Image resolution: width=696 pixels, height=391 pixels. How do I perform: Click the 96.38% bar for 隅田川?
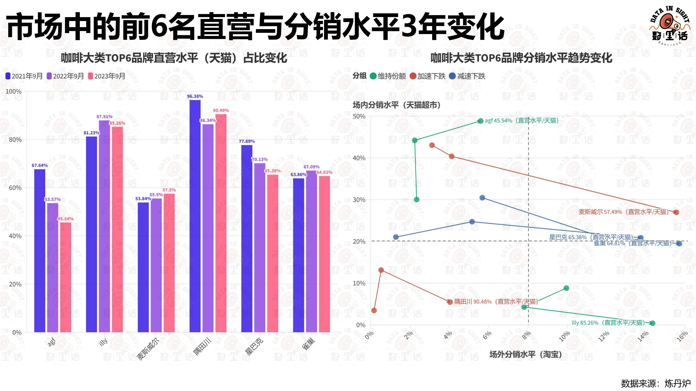pos(195,216)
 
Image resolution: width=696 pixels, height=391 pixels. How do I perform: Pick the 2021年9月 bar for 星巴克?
pos(247,239)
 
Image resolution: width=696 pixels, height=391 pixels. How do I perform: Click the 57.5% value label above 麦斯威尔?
pos(169,190)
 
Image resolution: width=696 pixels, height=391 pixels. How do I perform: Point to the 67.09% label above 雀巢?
pos(311,167)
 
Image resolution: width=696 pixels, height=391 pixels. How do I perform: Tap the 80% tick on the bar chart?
pos(15,139)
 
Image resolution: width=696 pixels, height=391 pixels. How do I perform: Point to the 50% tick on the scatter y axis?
pos(359,116)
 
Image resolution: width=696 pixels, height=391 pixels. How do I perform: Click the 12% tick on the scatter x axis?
pos(604,336)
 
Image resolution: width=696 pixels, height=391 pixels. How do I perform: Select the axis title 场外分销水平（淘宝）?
pos(525,354)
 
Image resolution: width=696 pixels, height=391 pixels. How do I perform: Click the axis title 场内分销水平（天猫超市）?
pos(397,105)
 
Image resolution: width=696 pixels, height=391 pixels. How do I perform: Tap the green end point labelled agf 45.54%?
pos(480,121)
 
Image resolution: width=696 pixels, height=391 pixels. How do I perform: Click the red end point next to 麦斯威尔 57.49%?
pos(676,212)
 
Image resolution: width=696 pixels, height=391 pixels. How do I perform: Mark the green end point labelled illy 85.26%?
pos(652,323)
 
